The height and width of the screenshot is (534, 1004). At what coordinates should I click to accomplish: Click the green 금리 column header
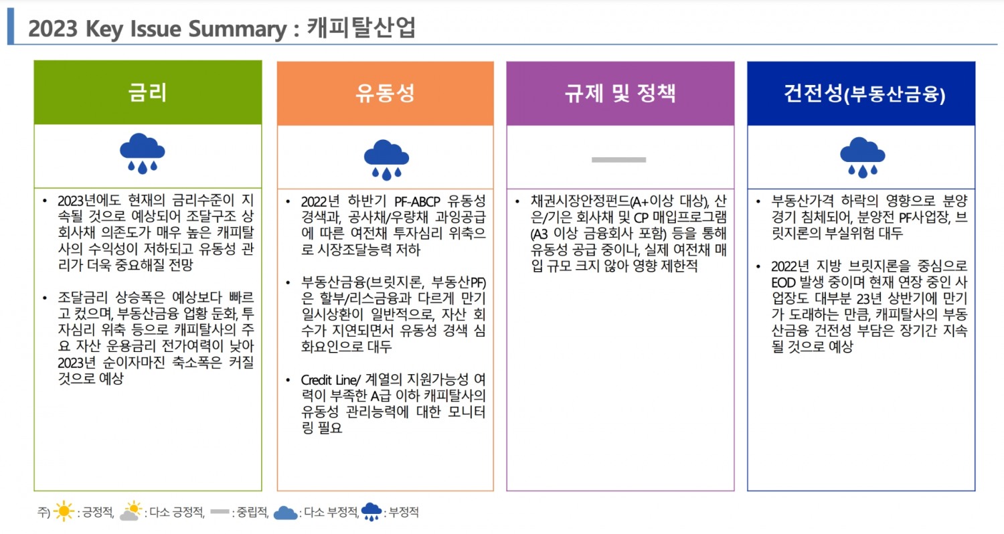[x=147, y=93]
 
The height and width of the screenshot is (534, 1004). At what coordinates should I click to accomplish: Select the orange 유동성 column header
[x=386, y=93]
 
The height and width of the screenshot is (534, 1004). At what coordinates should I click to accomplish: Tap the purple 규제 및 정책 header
[x=620, y=93]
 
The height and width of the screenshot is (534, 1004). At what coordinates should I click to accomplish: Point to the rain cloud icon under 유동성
[x=386, y=159]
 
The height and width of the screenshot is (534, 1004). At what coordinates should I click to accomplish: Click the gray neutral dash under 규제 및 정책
[x=619, y=159]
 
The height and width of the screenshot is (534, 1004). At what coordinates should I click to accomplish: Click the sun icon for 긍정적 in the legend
[x=64, y=512]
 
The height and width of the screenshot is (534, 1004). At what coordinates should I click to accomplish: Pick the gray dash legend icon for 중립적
[x=220, y=512]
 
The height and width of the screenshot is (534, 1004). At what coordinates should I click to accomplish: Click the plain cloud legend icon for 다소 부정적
[x=285, y=513]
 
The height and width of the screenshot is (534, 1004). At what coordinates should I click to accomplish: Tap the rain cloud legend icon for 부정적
[x=371, y=512]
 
